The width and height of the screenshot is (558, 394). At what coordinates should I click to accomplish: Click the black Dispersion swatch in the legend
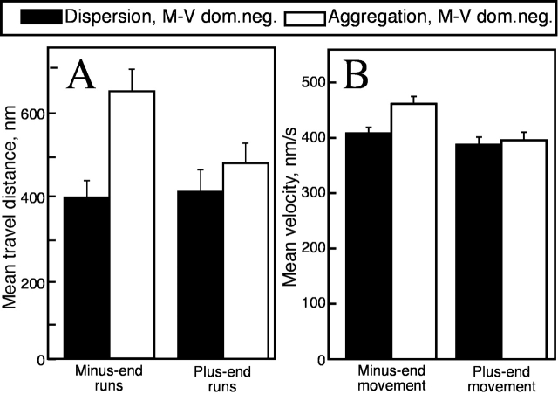[x=35, y=17]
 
